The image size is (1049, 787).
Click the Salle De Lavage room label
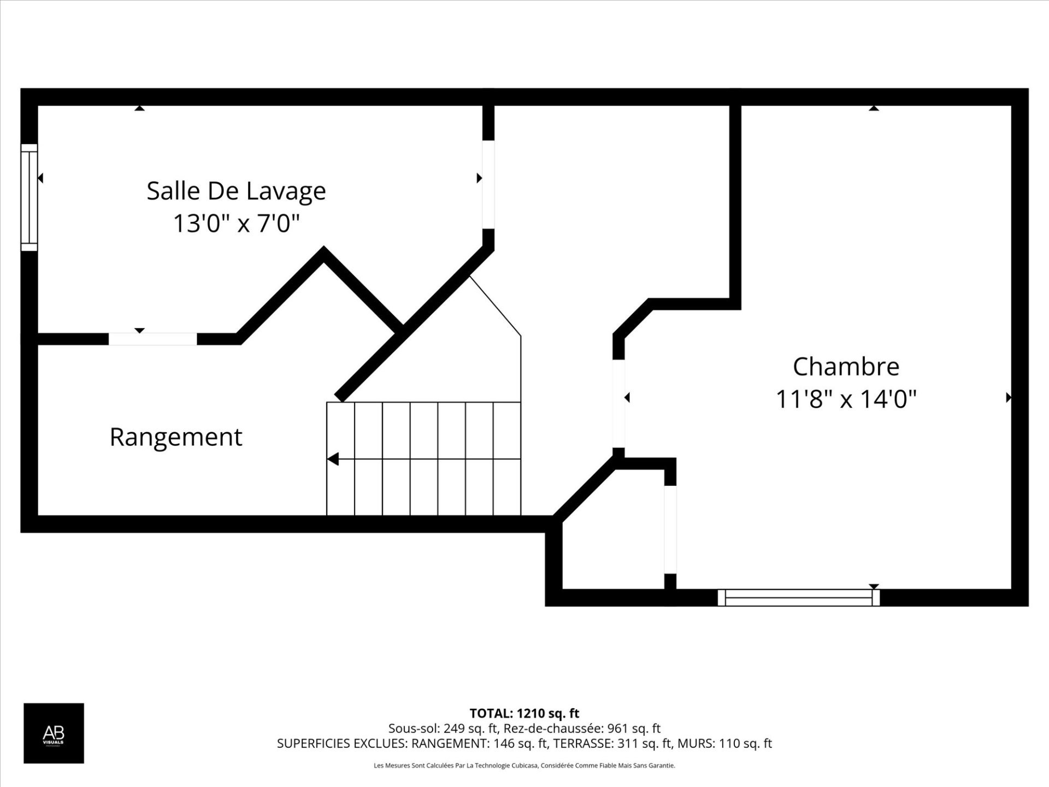click(236, 191)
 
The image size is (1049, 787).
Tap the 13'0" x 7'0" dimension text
click(236, 223)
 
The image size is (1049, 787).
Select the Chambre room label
click(846, 367)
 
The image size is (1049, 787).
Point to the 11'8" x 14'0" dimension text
click(846, 399)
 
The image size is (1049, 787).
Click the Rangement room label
click(175, 437)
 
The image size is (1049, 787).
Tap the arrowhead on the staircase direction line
click(333, 459)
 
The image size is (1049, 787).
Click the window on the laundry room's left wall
click(29, 197)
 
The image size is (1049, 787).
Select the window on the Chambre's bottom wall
click(798, 597)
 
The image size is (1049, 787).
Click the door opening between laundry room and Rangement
click(152, 339)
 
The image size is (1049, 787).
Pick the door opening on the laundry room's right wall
click(488, 184)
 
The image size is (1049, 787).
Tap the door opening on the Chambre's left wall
click(618, 403)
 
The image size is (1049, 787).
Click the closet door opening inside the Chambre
click(670, 529)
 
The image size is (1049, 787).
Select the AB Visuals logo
click(54, 733)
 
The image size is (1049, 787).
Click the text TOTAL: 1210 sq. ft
click(524, 713)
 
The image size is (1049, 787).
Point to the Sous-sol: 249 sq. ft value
click(444, 729)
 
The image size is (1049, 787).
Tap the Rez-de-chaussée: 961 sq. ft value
click(582, 729)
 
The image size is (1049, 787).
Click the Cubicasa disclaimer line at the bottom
click(524, 766)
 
